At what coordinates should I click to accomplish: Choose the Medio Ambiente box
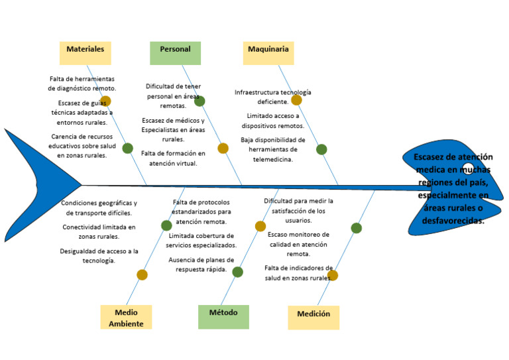coord(126,317)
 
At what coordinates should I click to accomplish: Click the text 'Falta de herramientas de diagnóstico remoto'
coord(82,83)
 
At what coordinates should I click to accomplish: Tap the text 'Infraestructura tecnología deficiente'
coord(272,97)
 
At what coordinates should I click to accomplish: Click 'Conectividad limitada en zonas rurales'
coord(99,231)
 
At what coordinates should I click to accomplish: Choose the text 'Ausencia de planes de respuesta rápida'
coord(201,265)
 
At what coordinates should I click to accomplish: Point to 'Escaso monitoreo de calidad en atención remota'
coord(298,243)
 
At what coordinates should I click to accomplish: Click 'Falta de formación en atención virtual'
coord(173,158)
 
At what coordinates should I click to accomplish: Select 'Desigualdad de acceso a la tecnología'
coord(99,255)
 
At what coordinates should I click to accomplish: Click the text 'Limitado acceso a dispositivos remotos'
coord(272,120)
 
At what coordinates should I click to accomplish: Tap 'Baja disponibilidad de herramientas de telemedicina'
coord(272,149)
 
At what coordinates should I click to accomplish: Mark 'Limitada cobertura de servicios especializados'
coord(201,240)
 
